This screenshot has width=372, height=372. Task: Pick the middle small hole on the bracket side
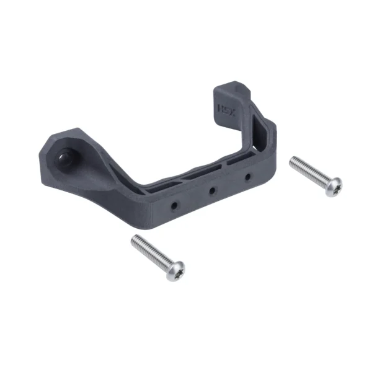click(x=212, y=190)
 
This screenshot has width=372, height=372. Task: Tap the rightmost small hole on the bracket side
click(x=247, y=177)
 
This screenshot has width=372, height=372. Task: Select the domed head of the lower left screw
click(x=176, y=270)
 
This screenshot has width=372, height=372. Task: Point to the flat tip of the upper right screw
click(x=292, y=159)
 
